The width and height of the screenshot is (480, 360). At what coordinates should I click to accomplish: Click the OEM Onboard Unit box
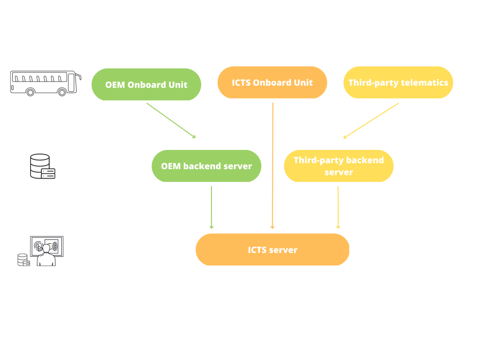(146, 85)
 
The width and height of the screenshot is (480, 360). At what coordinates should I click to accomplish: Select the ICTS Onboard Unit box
(272, 83)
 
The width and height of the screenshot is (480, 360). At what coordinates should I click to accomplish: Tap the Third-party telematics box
(398, 83)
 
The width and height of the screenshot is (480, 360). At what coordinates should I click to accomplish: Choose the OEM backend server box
(206, 166)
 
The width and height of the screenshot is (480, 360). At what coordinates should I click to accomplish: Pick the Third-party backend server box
(338, 166)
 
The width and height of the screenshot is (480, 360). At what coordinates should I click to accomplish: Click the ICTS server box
(272, 250)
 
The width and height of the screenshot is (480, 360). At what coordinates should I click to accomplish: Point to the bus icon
(45, 83)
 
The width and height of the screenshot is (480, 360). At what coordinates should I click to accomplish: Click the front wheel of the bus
(62, 92)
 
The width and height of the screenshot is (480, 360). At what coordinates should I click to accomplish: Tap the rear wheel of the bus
(30, 92)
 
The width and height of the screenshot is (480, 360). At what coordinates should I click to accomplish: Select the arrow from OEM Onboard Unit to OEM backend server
(171, 120)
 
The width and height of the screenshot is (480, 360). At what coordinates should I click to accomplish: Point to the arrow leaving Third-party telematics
(371, 120)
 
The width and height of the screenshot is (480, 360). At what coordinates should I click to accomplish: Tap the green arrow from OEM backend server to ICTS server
(211, 207)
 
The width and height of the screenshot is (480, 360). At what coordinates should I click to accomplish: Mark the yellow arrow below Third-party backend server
(338, 207)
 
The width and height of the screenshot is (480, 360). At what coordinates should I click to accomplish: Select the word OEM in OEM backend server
(171, 166)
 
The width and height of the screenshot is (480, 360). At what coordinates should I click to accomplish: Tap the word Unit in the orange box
(303, 83)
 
